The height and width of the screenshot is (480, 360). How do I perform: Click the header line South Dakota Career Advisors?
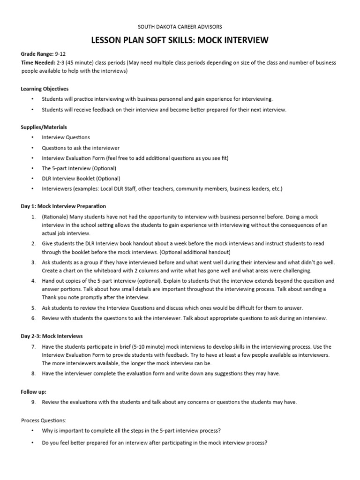pyautogui.click(x=180, y=26)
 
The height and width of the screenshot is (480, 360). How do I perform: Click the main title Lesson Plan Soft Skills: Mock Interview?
pyautogui.click(x=180, y=41)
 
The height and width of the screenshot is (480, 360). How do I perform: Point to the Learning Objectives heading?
pyautogui.click(x=45, y=89)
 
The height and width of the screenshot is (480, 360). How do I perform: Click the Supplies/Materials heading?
pyautogui.click(x=44, y=127)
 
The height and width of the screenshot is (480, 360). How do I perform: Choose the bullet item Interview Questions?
pyautogui.click(x=66, y=137)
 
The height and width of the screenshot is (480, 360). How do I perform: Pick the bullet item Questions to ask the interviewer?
pyautogui.click(x=81, y=148)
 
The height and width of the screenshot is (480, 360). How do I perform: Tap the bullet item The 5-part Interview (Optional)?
pyautogui.click(x=79, y=168)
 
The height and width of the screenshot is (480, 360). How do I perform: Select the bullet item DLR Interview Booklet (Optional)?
pyautogui.click(x=81, y=179)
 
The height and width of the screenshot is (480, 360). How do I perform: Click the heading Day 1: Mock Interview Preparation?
pyautogui.click(x=64, y=206)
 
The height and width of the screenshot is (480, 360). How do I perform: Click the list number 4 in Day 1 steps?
pyautogui.click(x=34, y=281)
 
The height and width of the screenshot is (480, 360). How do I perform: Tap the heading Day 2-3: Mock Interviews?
pyautogui.click(x=52, y=336)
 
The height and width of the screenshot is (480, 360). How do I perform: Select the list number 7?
pyautogui.click(x=34, y=347)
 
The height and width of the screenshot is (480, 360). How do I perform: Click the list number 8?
pyautogui.click(x=34, y=374)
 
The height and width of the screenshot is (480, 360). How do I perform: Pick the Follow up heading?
pyautogui.click(x=34, y=391)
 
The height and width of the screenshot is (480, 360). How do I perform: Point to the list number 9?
pyautogui.click(x=34, y=402)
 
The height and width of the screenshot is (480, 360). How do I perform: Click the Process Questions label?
pyautogui.click(x=44, y=420)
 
